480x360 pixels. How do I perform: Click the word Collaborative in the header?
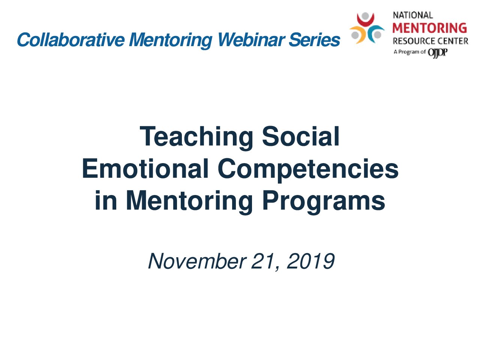(71, 40)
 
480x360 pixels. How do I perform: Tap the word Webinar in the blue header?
(252, 40)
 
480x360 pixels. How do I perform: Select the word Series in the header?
(315, 40)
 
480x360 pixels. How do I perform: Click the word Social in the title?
(300, 136)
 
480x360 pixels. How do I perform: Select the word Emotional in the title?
(145, 168)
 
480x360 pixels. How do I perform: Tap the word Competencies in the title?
(308, 170)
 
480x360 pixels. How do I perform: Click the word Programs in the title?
(323, 202)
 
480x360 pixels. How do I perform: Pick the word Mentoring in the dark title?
(189, 202)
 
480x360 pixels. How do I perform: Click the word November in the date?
(197, 261)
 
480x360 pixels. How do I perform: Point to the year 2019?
(310, 261)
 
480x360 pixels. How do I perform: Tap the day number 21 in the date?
(264, 261)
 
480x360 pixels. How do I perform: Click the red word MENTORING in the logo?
(429, 28)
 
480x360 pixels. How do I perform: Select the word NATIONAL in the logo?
(413, 15)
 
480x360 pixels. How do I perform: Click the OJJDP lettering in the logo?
(438, 52)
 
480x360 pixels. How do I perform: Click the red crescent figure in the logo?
(365, 21)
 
